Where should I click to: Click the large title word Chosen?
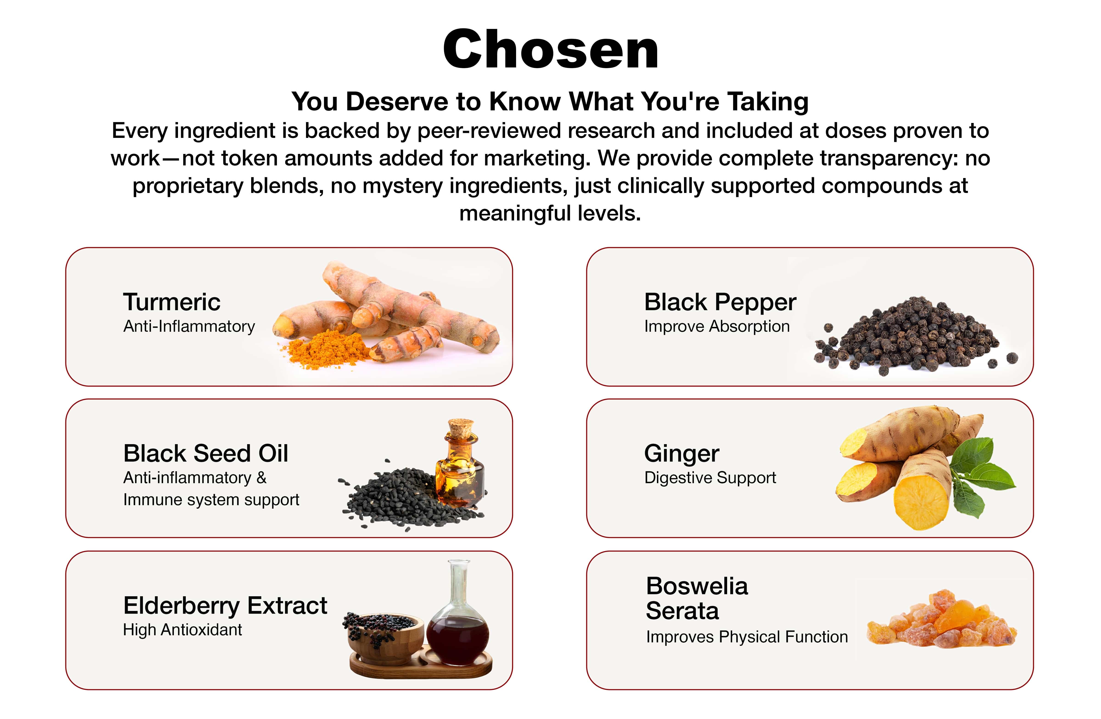click(x=550, y=49)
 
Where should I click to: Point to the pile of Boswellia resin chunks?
click(x=941, y=620)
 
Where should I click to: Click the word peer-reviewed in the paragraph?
click(x=489, y=131)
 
